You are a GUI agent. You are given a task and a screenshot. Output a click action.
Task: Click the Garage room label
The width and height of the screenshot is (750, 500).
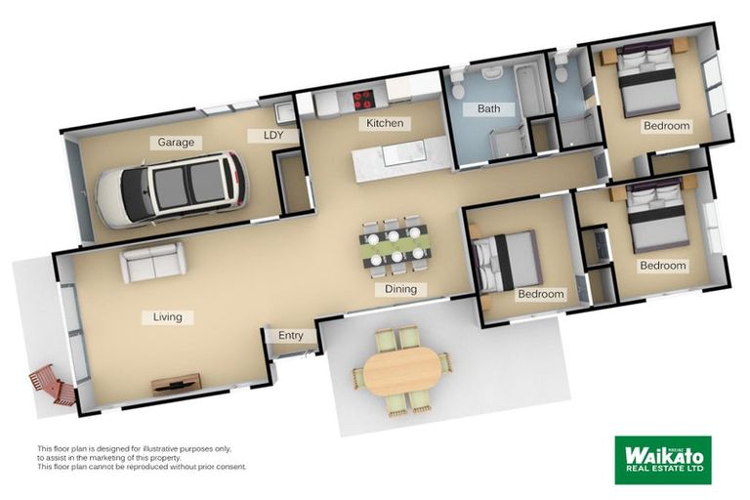point(176,143)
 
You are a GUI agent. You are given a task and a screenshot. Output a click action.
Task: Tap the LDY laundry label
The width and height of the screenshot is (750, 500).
point(273,136)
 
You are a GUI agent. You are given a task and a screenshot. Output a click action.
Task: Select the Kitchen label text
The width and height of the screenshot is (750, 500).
point(385,123)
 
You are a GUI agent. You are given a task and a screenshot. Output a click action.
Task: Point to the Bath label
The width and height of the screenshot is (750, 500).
point(488,108)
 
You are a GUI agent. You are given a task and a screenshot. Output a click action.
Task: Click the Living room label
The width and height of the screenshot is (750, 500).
point(167,316)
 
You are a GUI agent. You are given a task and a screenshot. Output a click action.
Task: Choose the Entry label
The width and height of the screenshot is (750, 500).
point(291,336)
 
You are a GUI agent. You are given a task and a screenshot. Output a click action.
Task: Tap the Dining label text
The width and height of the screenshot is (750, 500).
point(400,289)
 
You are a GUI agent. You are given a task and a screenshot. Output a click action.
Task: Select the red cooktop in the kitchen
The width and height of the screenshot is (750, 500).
point(363,98)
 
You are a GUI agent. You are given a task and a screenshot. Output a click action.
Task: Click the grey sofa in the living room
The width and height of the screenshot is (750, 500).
point(152,263)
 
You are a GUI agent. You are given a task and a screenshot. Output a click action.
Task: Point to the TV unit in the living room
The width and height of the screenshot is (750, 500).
point(176,383)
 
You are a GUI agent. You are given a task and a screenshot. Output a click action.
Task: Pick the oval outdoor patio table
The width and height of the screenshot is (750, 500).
point(402,371)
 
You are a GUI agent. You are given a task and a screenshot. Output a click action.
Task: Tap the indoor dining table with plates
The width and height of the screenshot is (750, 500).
point(394,244)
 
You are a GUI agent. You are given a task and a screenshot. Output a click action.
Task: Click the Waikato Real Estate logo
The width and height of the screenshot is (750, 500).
point(662,459)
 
